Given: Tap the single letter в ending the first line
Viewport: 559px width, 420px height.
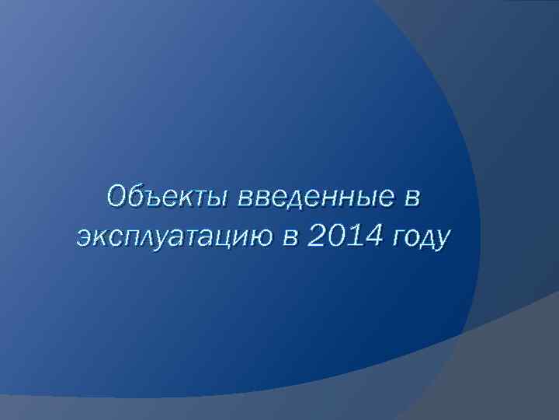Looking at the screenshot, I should (411, 199).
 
